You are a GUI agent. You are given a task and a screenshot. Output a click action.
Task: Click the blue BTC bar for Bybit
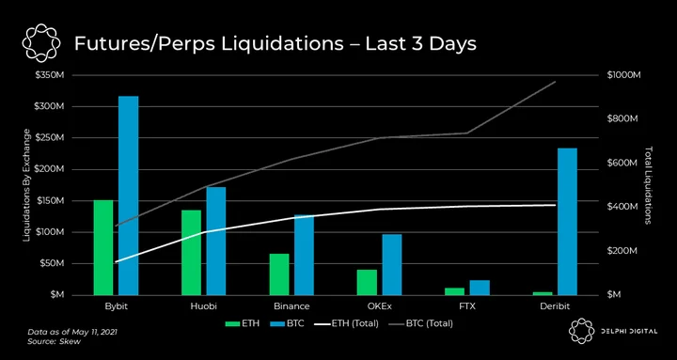[x=129, y=196]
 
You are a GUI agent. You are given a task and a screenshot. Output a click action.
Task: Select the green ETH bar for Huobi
[x=191, y=253]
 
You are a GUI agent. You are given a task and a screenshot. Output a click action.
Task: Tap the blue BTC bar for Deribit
[x=567, y=222]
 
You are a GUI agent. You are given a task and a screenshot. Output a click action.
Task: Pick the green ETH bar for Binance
[x=279, y=274]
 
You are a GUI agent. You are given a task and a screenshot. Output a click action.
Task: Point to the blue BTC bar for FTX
[x=480, y=288]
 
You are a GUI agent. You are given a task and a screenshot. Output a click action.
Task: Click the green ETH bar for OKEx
[x=367, y=282]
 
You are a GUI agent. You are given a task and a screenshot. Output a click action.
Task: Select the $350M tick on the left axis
[x=50, y=75]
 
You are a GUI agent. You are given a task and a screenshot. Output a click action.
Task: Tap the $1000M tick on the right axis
[x=624, y=75]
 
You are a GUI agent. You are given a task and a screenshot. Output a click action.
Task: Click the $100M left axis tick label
[x=50, y=232]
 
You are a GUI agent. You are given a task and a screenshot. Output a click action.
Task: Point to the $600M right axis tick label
[x=622, y=164]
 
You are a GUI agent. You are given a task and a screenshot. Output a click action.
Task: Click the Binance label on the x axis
[x=291, y=307]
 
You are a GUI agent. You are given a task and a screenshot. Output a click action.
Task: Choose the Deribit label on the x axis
[x=555, y=307]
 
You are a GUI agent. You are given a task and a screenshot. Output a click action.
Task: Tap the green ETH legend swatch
[x=232, y=323]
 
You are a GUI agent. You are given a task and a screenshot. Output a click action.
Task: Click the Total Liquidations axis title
[x=648, y=185]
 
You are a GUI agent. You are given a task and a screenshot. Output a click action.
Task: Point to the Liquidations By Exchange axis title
[x=26, y=185]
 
